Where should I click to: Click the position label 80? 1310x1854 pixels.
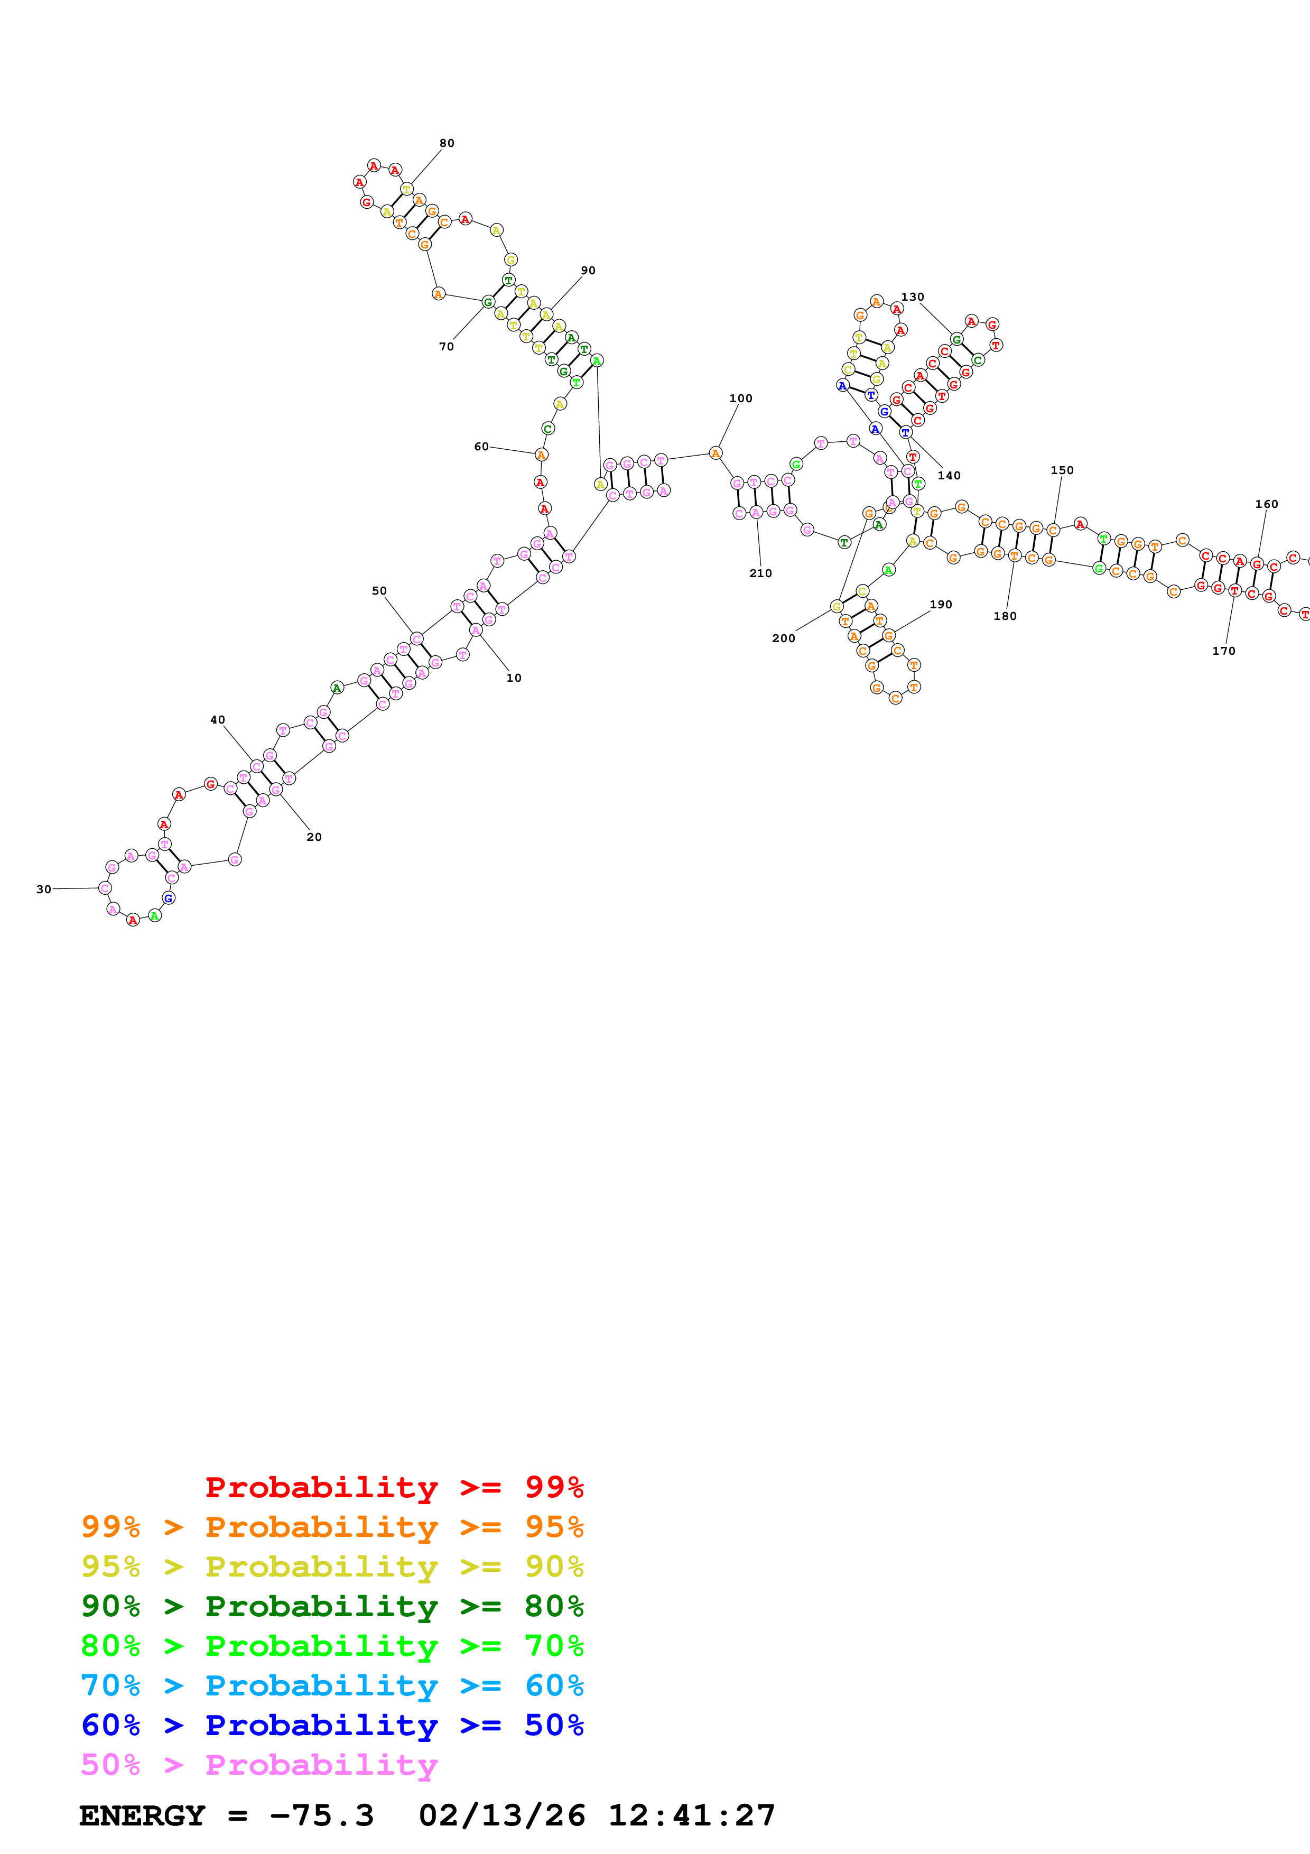click(x=447, y=143)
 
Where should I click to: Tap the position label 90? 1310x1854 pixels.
click(x=588, y=271)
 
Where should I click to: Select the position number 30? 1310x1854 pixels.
click(x=43, y=889)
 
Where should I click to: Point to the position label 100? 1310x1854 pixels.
click(x=740, y=398)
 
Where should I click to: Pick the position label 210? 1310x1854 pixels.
click(x=760, y=573)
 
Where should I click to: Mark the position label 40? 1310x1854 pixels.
click(x=217, y=719)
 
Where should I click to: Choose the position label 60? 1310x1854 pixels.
click(x=481, y=447)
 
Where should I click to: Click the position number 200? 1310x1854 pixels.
click(x=783, y=638)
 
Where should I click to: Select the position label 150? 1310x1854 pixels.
click(x=1062, y=470)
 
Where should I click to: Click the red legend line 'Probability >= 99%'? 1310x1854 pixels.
click(x=394, y=1487)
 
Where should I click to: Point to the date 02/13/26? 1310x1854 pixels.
click(x=501, y=1815)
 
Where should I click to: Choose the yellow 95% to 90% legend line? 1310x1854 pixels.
click(x=332, y=1566)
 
